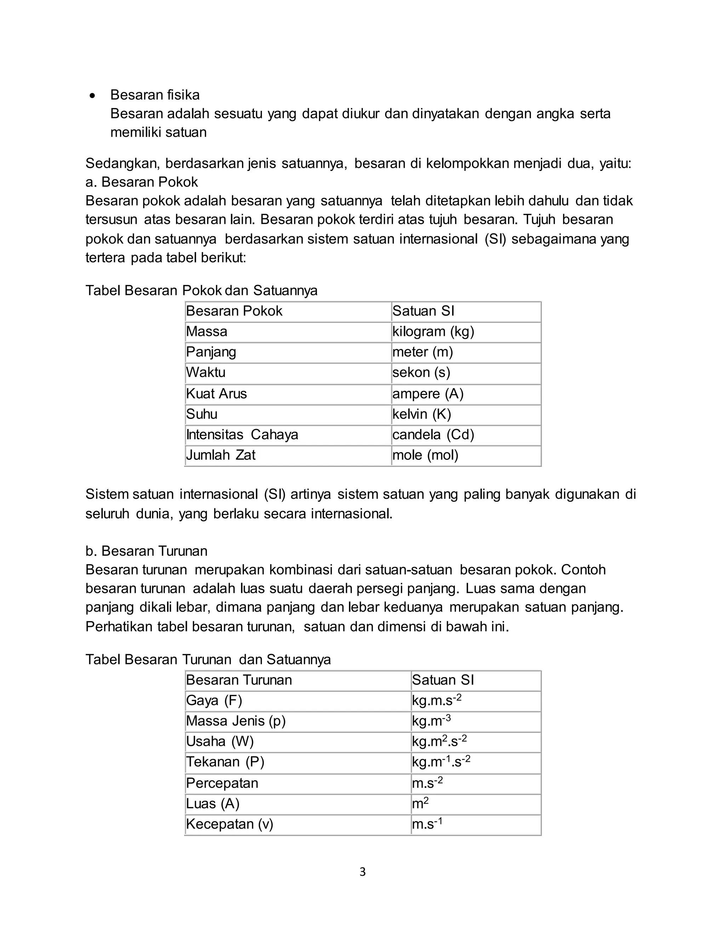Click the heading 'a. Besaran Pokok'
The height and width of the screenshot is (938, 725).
[x=141, y=182]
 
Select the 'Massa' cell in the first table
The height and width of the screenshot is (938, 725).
[x=207, y=332]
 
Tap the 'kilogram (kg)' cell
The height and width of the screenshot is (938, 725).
[x=433, y=332]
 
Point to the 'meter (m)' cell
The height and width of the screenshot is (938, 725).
[x=423, y=352]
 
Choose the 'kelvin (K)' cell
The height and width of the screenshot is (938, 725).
[x=421, y=414]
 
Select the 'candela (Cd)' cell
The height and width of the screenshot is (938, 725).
[x=433, y=435]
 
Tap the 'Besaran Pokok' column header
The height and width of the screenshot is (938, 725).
[x=234, y=311]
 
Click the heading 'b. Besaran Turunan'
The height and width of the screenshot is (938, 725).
[x=146, y=551]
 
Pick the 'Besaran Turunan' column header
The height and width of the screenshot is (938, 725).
[x=239, y=680]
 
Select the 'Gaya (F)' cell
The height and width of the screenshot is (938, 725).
[x=214, y=700]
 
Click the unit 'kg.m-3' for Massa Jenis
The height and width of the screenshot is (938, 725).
[x=431, y=721]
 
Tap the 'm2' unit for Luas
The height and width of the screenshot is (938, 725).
[x=420, y=803]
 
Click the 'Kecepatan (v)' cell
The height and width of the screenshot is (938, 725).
[x=229, y=824]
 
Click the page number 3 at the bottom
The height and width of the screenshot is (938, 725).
[x=362, y=872]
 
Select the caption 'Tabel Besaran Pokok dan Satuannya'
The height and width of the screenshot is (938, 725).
[x=201, y=290]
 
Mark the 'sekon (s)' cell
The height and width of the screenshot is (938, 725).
[x=421, y=372]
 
